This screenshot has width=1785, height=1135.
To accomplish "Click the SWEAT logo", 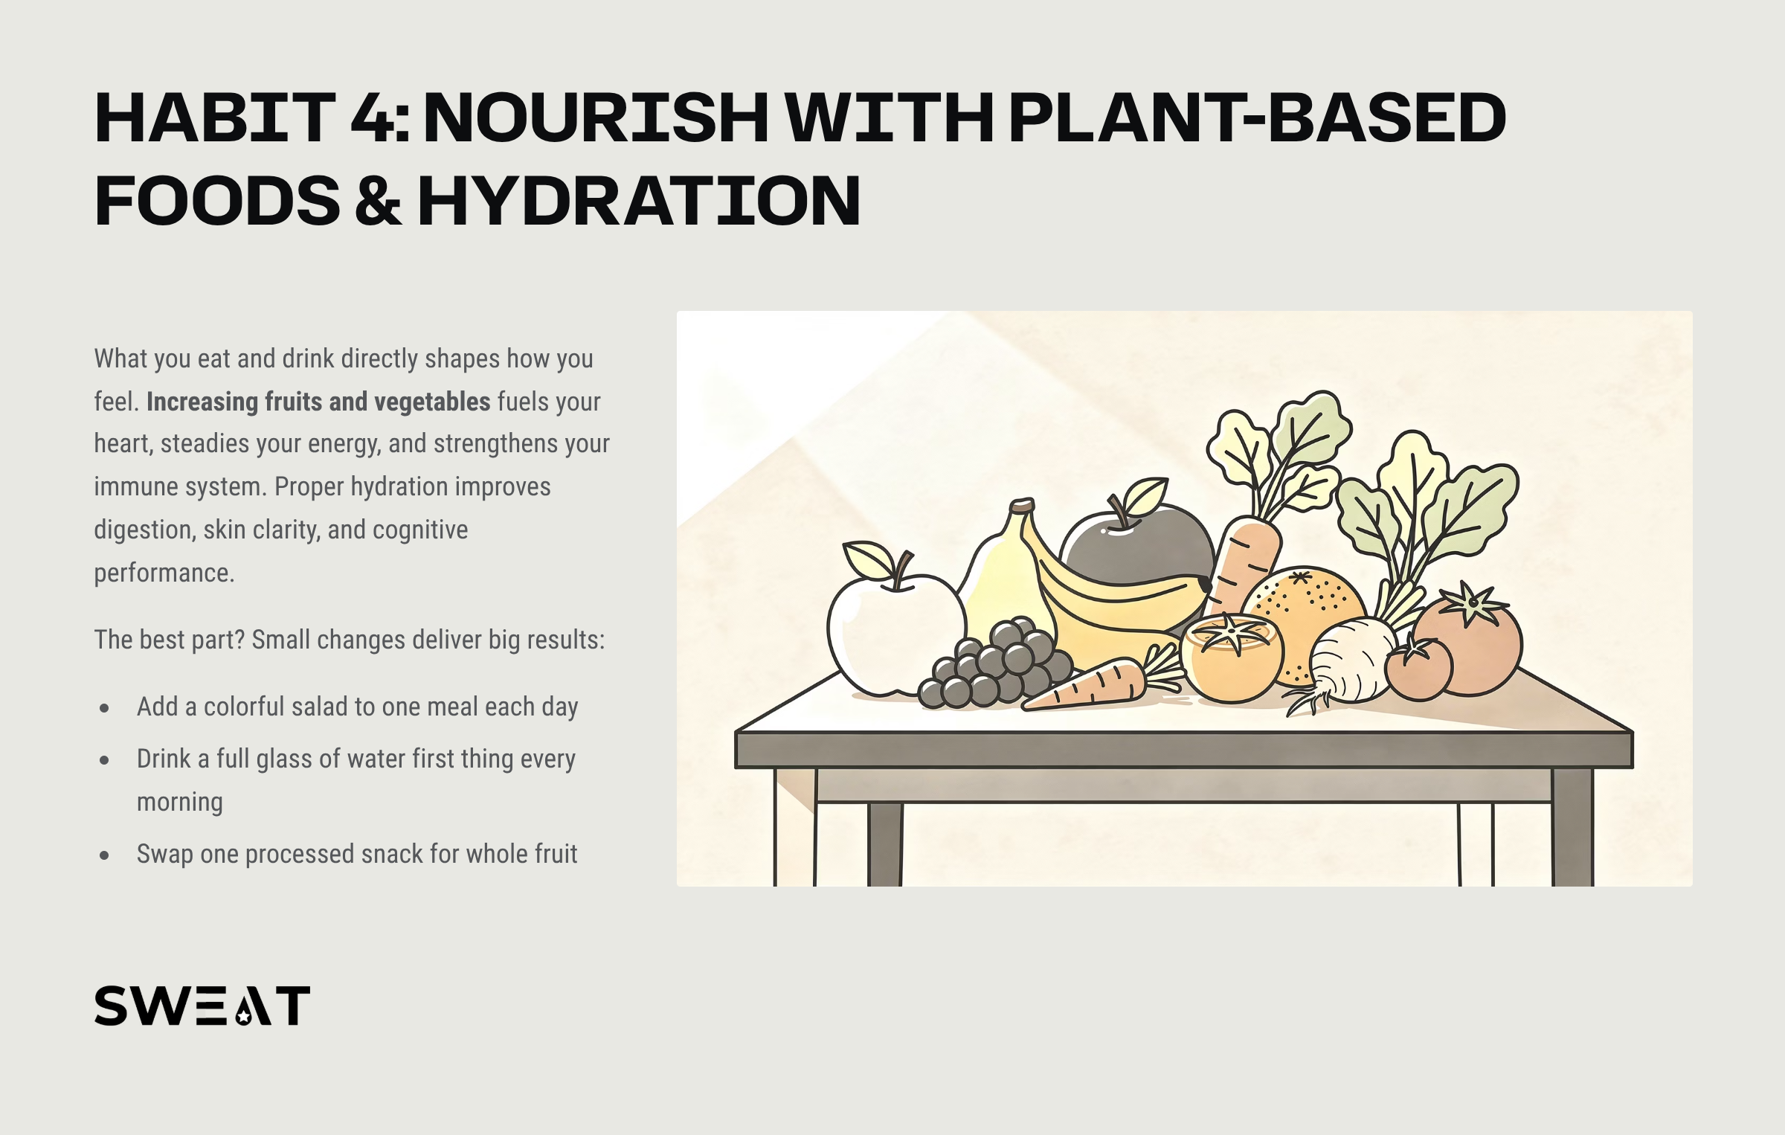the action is (x=202, y=1006).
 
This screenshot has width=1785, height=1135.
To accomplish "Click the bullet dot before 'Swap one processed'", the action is (x=104, y=855).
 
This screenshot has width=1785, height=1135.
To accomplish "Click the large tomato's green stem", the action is (x=1471, y=602).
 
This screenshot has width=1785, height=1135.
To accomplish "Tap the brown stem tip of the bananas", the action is (x=1022, y=506).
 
